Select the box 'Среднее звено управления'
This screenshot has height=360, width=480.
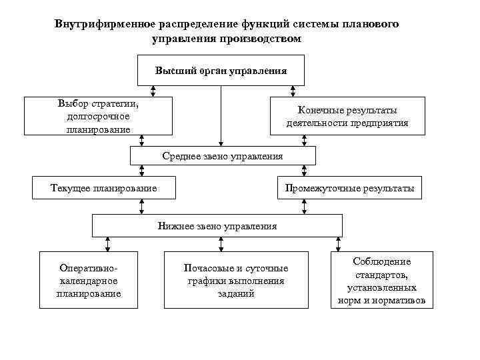(x=222, y=156)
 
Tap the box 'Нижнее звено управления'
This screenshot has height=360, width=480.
(x=217, y=226)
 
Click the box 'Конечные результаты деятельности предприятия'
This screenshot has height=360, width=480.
(x=347, y=117)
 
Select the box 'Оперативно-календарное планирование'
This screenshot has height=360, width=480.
(x=89, y=280)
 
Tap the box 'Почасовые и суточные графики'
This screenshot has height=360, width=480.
(x=236, y=280)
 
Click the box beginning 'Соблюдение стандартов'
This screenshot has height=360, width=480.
(x=381, y=280)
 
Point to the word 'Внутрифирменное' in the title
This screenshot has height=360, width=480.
(x=102, y=24)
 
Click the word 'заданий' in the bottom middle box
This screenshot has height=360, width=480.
(x=236, y=293)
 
